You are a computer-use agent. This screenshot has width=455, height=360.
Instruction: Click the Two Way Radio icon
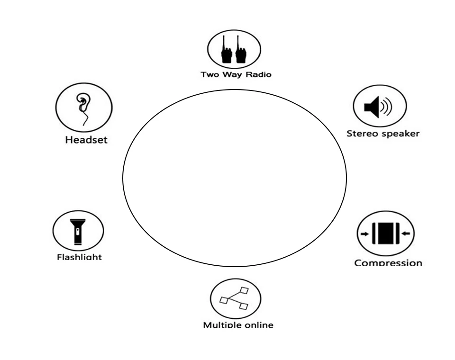click(234, 49)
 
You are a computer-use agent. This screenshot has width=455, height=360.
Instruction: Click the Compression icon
click(385, 233)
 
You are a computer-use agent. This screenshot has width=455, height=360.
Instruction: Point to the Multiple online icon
click(236, 298)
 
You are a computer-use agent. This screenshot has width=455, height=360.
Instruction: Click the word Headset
click(86, 140)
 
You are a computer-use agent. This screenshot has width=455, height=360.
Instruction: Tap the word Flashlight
click(79, 257)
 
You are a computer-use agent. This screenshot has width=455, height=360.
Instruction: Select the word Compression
click(388, 263)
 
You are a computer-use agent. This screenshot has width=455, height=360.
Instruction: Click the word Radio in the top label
click(260, 75)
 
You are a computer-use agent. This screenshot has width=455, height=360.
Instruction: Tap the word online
click(258, 325)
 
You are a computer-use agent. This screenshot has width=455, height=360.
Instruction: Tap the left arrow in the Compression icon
click(364, 234)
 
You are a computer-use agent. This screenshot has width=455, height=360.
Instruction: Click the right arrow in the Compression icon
click(406, 234)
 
